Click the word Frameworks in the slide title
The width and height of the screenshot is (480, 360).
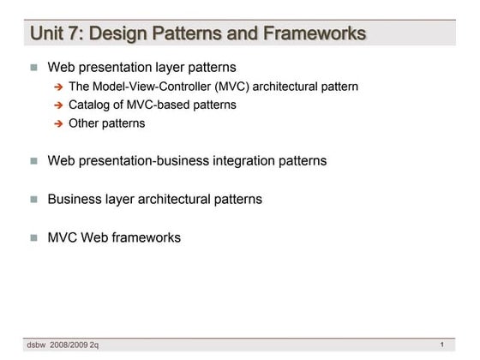[x=317, y=33]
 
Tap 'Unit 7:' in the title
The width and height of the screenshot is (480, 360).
[x=57, y=33]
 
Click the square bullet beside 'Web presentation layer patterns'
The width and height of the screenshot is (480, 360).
[x=34, y=66]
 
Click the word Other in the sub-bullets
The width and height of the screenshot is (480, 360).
[x=84, y=123]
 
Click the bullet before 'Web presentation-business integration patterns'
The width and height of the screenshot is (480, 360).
[x=34, y=160]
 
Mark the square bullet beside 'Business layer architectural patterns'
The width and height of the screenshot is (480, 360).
[x=34, y=199]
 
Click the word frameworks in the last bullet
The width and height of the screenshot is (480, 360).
[x=148, y=237]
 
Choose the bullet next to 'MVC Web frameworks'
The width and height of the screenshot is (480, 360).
[x=34, y=237]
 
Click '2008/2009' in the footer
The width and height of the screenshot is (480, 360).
[x=71, y=345]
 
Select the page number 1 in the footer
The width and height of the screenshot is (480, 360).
[x=441, y=345]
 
